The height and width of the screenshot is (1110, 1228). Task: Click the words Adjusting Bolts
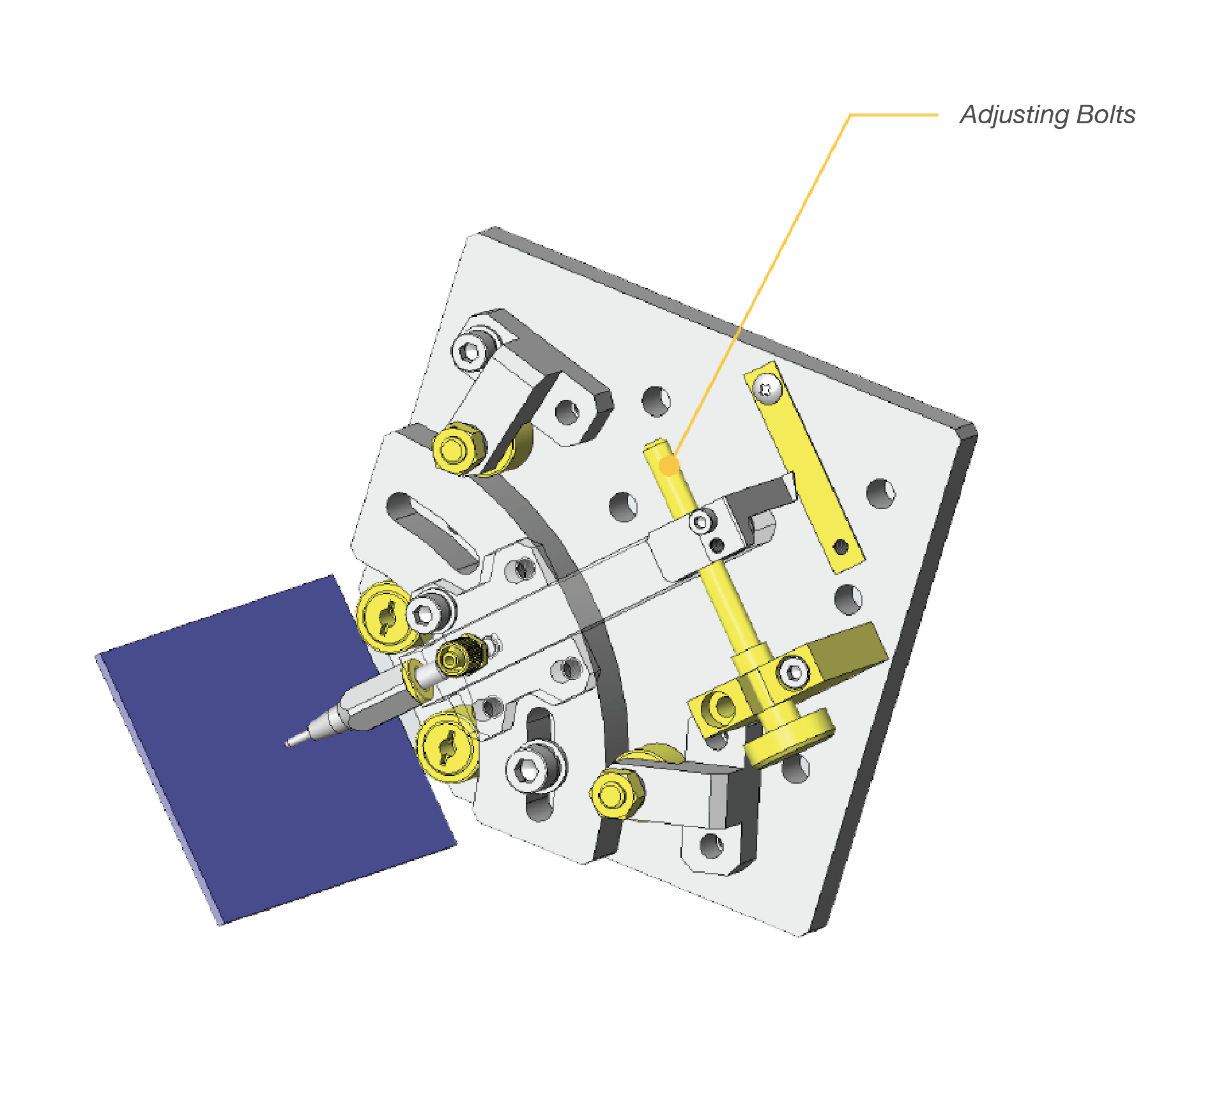[x=1047, y=115]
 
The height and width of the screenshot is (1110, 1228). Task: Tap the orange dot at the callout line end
[x=668, y=466]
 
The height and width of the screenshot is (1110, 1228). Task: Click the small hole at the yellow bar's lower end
[x=841, y=547]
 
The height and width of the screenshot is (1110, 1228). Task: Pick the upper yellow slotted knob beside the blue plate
[x=385, y=617]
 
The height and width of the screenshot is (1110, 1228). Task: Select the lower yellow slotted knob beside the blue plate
[x=447, y=746]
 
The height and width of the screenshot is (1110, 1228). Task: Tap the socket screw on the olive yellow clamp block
[x=794, y=673]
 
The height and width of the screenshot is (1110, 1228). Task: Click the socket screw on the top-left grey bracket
[x=471, y=351]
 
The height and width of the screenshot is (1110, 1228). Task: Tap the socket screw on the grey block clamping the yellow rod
[x=702, y=522]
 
